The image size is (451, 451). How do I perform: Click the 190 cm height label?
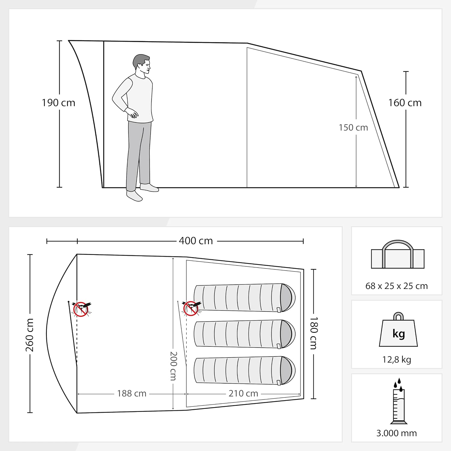pyautogui.click(x=58, y=103)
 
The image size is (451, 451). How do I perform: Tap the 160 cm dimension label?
pyautogui.click(x=405, y=103)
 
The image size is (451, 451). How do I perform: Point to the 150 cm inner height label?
pyautogui.click(x=353, y=127)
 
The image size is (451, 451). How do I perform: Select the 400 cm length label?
pyautogui.click(x=196, y=241)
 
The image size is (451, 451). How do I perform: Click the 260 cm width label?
pyautogui.click(x=29, y=335)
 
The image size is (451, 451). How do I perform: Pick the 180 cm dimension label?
pyautogui.click(x=313, y=333)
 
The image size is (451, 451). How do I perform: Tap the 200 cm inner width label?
pyautogui.click(x=173, y=366)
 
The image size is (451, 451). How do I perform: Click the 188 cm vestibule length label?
pyautogui.click(x=132, y=393)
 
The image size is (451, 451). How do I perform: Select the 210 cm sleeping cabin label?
pyautogui.click(x=243, y=393)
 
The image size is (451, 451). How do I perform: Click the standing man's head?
pyautogui.click(x=142, y=64)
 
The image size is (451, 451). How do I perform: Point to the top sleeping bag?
pyautogui.click(x=244, y=297)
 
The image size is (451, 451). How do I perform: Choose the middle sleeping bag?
pyautogui.click(x=244, y=334)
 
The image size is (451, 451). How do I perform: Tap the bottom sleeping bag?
pyautogui.click(x=244, y=370)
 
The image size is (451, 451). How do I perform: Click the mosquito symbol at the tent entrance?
pyautogui.click(x=81, y=309)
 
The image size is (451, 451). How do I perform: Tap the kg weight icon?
pyautogui.click(x=398, y=330)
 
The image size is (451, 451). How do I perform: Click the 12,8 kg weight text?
pyautogui.click(x=397, y=360)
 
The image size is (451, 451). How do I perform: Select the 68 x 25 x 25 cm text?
pyautogui.click(x=397, y=286)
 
